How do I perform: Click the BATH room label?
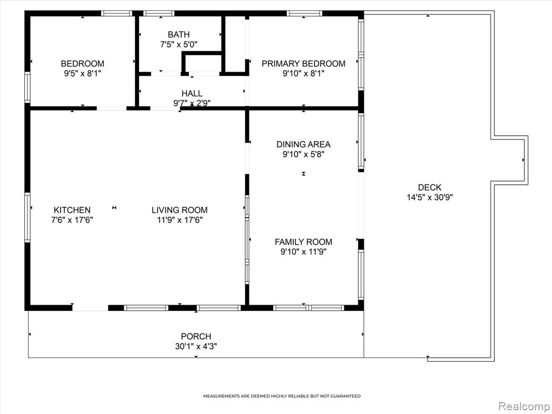point(178,34)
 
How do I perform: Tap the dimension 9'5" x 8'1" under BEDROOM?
point(82,73)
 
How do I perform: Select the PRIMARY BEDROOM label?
point(303,64)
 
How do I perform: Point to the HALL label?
point(192,93)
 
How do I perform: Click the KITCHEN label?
point(72,210)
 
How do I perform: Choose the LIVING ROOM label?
point(180,210)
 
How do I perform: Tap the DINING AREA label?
point(303,144)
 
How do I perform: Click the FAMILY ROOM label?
point(303,242)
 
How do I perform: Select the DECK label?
point(430,187)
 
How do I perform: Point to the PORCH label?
point(196,336)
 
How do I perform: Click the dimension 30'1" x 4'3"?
point(196,347)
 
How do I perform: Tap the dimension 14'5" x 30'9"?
point(430,197)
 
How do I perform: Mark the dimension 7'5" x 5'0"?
point(178,44)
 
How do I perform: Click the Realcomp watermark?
point(523,406)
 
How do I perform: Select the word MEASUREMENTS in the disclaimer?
point(222,396)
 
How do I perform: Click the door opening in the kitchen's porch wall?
point(90,308)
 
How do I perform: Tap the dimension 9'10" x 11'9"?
point(303,252)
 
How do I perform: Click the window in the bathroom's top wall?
point(159,13)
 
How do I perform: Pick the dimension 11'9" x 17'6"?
point(180,220)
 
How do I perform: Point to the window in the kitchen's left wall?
point(27,217)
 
